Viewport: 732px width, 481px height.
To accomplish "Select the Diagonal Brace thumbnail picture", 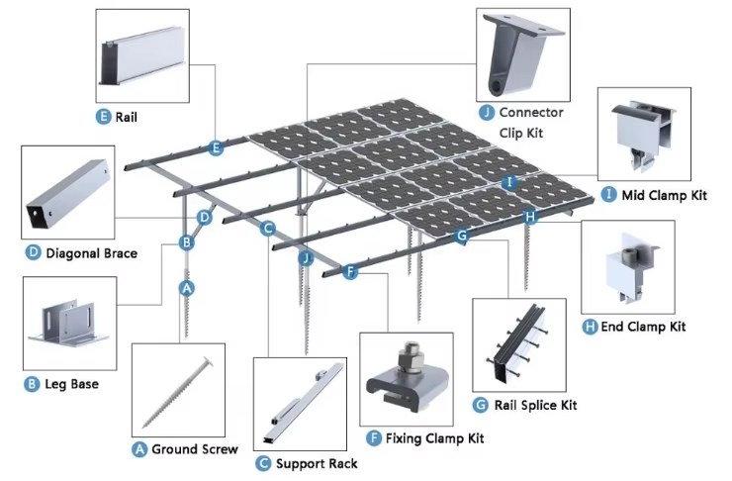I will click(67, 191).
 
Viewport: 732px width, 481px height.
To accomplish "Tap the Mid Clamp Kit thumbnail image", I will click(644, 131).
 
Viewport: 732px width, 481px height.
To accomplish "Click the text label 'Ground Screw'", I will click(193, 449).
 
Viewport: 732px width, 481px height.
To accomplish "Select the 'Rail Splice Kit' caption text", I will click(534, 405).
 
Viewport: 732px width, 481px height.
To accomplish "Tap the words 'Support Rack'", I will click(316, 463).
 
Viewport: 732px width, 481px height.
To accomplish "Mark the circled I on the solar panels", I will click(509, 182).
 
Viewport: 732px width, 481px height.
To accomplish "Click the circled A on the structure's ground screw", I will click(185, 288).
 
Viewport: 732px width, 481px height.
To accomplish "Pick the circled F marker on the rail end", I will click(349, 271).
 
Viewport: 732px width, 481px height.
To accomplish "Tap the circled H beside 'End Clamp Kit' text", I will click(590, 327).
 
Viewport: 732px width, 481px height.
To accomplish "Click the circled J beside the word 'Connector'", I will click(487, 113).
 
